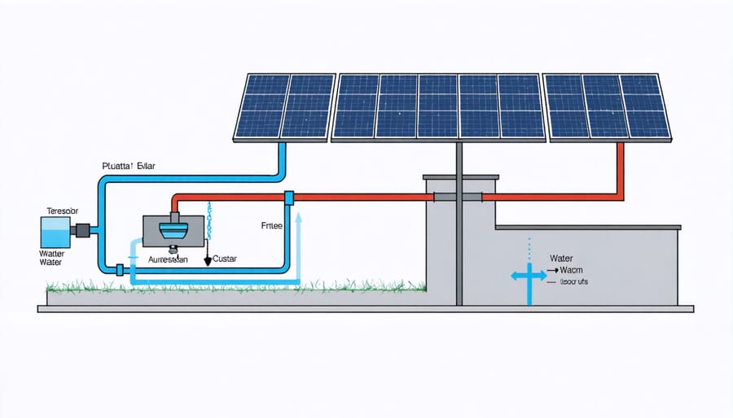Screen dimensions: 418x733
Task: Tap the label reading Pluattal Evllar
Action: click(129, 166)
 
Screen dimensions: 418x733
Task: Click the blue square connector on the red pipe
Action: click(287, 198)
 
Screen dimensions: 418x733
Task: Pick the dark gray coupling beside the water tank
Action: click(83, 231)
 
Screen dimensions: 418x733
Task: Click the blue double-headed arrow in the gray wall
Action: click(529, 276)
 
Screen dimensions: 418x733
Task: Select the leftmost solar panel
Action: click(284, 106)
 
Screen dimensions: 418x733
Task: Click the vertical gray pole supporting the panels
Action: click(459, 244)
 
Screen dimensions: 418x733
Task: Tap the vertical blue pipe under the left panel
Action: click(283, 159)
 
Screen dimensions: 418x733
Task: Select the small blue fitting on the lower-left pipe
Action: click(120, 270)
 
